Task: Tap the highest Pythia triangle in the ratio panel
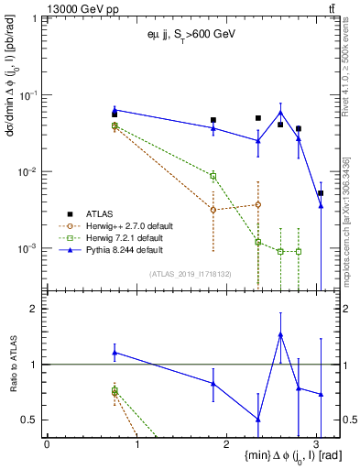pyautogui.click(x=280, y=335)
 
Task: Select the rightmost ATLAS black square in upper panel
pyautogui.click(x=321, y=193)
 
